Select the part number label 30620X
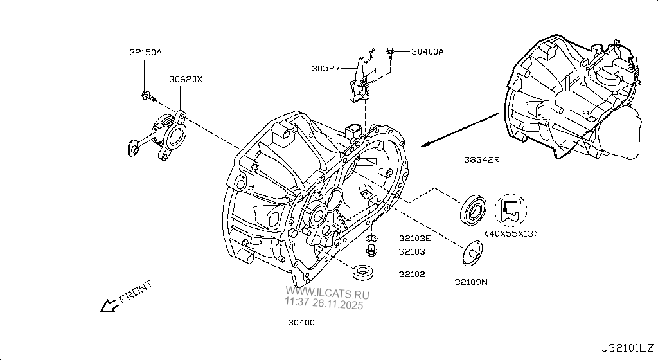pyautogui.click(x=185, y=80)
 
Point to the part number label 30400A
pyautogui.click(x=427, y=51)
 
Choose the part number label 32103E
pyautogui.click(x=414, y=239)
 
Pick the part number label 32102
pyautogui.click(x=411, y=274)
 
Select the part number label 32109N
pyautogui.click(x=470, y=281)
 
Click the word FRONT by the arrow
pyautogui.click(x=136, y=291)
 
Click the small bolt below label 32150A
pyautogui.click(x=148, y=96)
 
